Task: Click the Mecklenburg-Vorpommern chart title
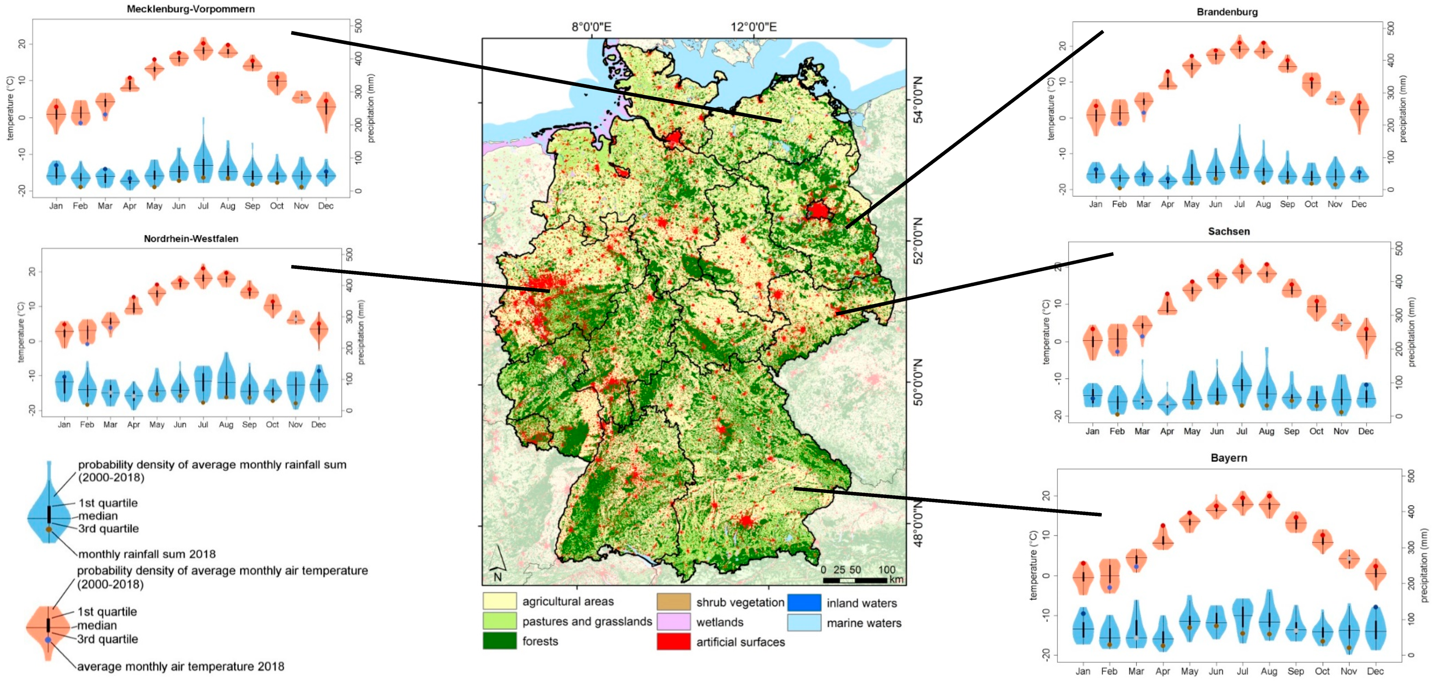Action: click(191, 9)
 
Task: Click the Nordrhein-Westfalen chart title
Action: click(191, 238)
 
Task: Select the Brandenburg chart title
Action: click(1227, 12)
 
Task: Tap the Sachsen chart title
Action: click(1229, 231)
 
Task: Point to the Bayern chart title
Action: click(1229, 458)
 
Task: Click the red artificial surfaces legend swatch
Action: click(673, 642)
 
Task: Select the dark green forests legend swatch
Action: click(499, 641)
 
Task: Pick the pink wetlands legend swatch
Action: click(673, 621)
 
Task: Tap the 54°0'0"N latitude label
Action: click(918, 100)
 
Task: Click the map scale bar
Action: click(855, 580)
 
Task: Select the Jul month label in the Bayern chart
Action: click(1242, 671)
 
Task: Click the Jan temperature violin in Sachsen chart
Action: click(1092, 341)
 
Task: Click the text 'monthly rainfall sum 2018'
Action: click(147, 554)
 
